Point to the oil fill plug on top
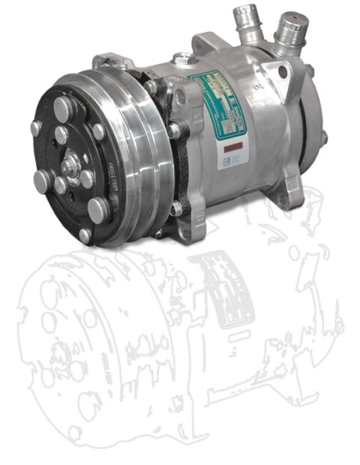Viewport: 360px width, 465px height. tap(182, 58)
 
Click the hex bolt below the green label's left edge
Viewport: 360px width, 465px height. tap(174, 131)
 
